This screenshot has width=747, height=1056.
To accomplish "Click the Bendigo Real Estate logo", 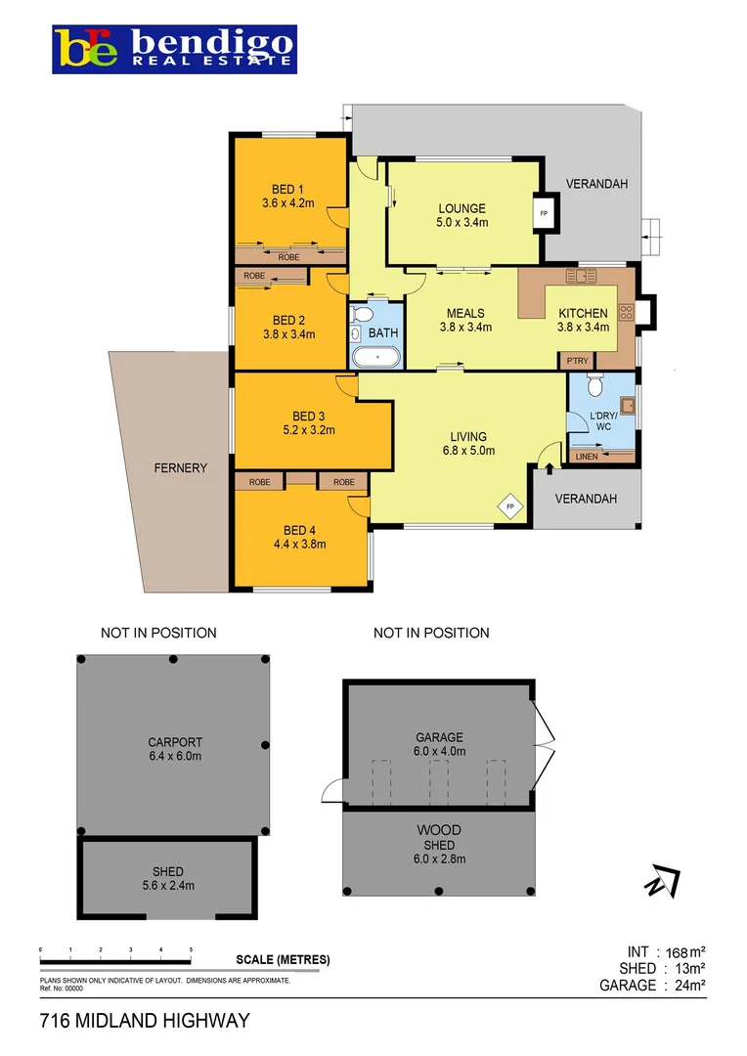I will (175, 49).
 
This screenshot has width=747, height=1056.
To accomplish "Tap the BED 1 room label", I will (287, 190).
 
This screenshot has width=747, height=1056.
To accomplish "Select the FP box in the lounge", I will (543, 212).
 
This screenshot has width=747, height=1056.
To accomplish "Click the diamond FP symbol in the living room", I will (509, 506).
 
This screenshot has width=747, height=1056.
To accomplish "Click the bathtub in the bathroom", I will (374, 356).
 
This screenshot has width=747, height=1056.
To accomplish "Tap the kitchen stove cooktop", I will (626, 313).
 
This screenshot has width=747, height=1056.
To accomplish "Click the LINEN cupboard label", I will (587, 457).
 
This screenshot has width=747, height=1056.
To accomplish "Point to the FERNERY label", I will (181, 468).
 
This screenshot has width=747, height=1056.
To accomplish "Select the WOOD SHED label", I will (439, 838).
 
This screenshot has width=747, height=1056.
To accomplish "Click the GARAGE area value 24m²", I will (687, 986).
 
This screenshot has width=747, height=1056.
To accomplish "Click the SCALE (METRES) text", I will (283, 959).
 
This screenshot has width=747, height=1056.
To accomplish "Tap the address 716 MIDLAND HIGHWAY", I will (145, 1021).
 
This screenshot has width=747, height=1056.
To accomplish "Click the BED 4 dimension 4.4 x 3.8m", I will (299, 545).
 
